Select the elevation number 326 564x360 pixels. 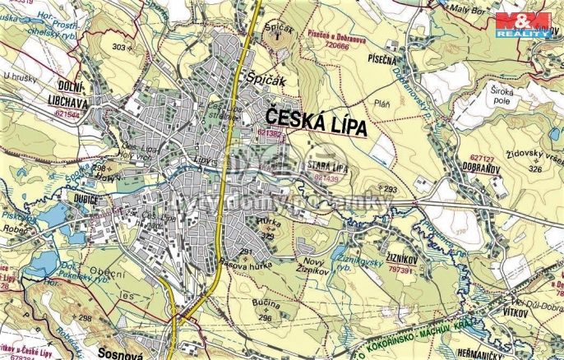click(535, 168)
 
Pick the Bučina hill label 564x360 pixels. click(267, 306)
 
